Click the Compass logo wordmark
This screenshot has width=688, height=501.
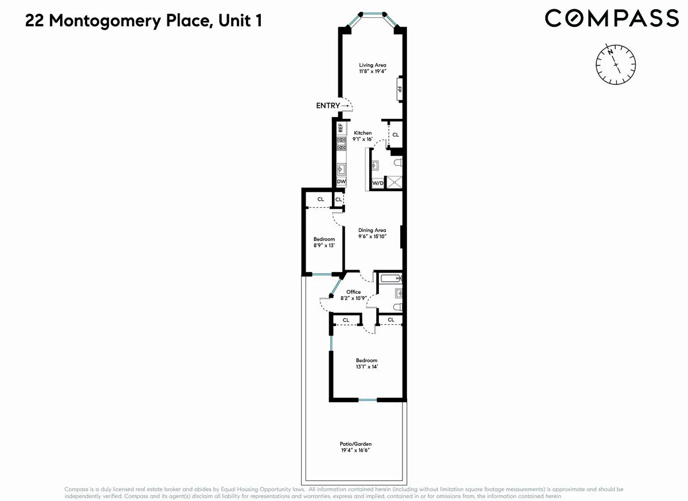611,18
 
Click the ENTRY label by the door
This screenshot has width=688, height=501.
328,106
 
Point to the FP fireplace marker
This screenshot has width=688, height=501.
400,90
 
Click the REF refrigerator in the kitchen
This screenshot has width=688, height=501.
341,128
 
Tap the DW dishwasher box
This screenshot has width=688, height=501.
341,182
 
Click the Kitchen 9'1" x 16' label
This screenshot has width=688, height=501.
362,136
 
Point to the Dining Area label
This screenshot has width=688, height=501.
373,234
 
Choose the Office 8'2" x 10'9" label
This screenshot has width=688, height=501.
354,295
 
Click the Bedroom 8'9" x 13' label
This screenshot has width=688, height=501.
324,242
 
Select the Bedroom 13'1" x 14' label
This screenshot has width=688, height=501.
367,363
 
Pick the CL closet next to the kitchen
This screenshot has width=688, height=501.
396,135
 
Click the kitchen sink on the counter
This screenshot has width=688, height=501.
341,169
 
